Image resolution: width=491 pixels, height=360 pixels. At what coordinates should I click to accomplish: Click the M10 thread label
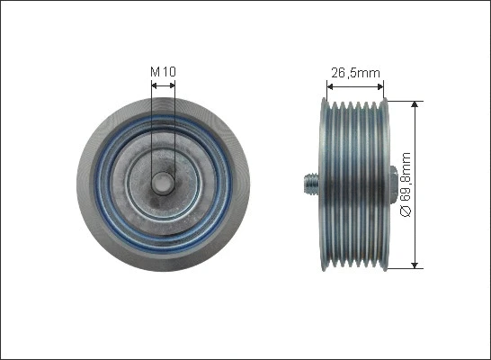[163, 71]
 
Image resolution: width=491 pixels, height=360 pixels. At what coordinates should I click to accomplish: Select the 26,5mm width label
[355, 74]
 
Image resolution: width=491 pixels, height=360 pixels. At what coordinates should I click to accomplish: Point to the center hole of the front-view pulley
[163, 183]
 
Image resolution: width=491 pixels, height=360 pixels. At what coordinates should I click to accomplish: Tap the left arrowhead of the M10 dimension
[155, 85]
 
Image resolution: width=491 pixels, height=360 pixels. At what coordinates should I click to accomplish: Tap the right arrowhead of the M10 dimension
[171, 85]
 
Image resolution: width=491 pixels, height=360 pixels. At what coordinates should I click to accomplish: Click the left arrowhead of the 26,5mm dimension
[330, 87]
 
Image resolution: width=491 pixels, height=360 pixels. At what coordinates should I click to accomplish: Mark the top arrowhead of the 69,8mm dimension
[415, 104]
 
